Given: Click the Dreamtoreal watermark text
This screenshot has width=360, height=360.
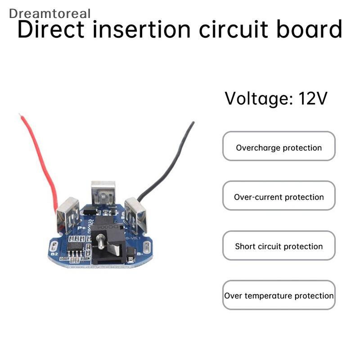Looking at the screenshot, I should pos(49,13).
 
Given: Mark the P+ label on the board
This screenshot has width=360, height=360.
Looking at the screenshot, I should pos(82,229).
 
